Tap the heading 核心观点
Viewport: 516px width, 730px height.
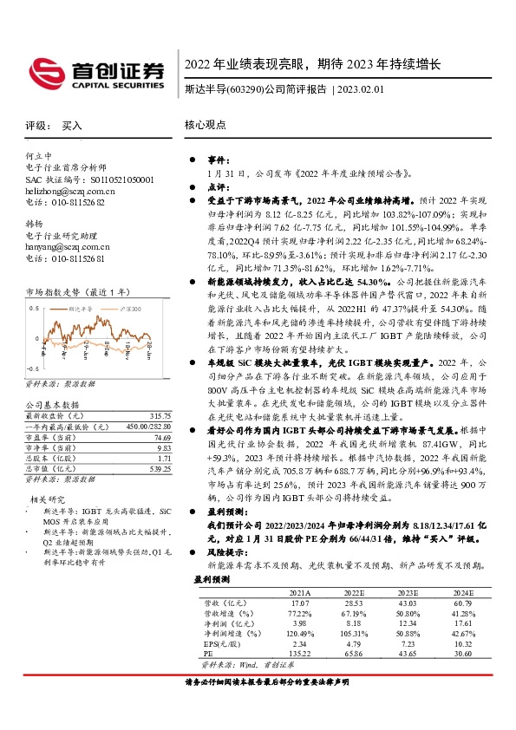tap(203, 126)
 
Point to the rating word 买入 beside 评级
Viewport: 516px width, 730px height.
tap(72, 126)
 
